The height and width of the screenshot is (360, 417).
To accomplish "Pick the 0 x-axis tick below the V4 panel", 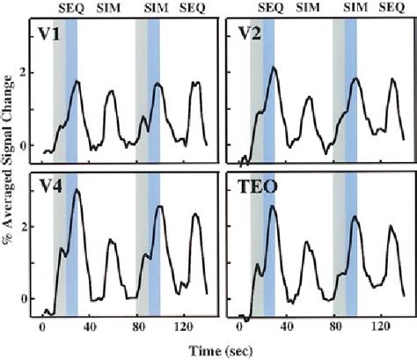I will pos(42,328).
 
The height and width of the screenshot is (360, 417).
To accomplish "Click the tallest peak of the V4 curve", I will pos(77,190).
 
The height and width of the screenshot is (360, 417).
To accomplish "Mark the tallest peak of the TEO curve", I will pos(273,207).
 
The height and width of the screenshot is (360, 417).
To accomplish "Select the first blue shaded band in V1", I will pos(72,88).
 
